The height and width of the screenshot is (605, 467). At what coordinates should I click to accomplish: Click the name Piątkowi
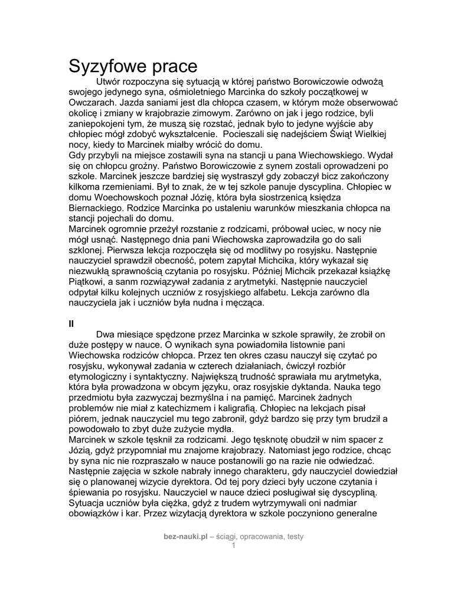click(x=88, y=282)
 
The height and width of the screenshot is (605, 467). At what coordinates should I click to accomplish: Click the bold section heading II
click(x=71, y=323)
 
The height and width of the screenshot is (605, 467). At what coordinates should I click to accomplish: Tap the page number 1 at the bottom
click(x=233, y=545)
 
